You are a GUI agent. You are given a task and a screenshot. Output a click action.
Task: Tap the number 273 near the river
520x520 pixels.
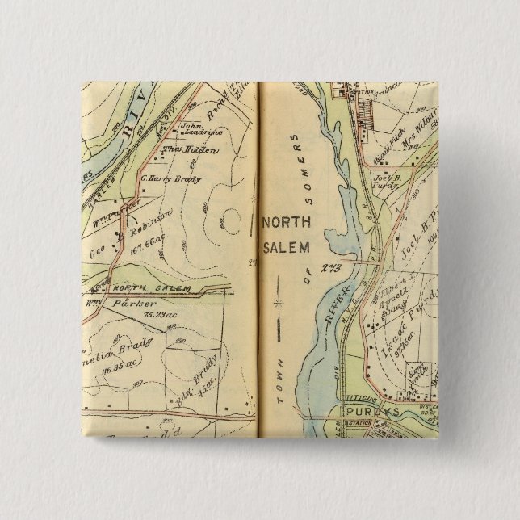coord(329,268)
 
